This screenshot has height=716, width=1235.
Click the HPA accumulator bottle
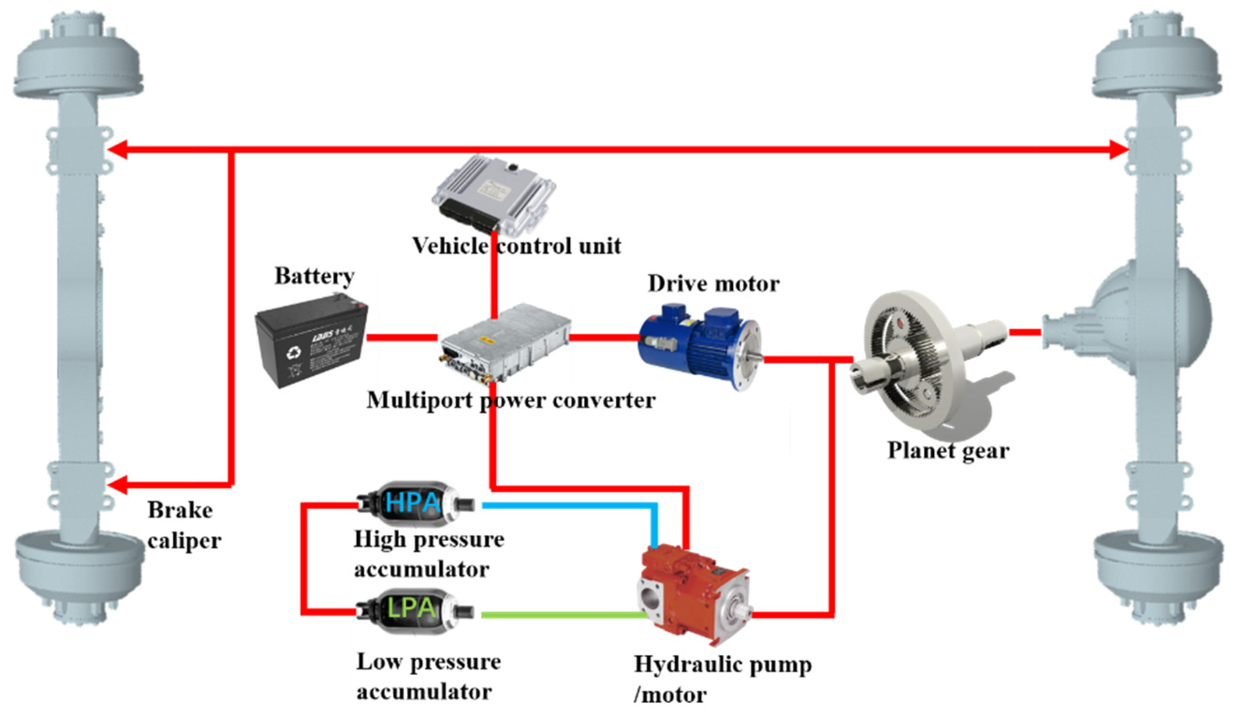coord(414,503)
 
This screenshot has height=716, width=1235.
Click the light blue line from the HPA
coord(569,505)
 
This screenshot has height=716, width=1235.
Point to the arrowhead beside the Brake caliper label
coord(117,485)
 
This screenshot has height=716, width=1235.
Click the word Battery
coord(314,276)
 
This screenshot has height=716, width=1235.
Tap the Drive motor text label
coord(713,283)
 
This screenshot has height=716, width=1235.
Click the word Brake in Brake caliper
coord(180,510)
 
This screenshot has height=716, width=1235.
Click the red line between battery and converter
coord(402,338)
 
